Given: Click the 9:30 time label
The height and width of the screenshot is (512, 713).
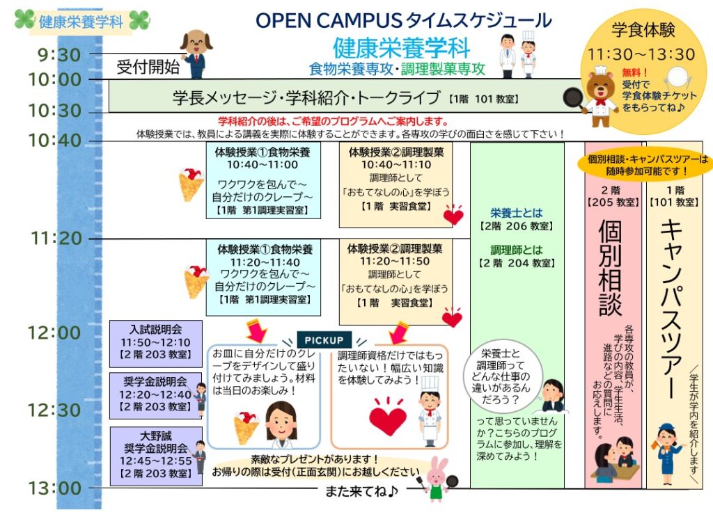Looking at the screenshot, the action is pos(59,55).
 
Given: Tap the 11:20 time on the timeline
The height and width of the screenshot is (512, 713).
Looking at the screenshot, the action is pos(56,238).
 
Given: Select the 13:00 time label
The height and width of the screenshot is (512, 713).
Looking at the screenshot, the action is pos(55,488).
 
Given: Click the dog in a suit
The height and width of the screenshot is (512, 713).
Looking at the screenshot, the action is pos(196,54).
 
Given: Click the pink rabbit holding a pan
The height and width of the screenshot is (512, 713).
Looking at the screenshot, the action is pos(437,479).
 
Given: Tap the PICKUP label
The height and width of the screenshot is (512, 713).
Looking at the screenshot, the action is pos(324,339).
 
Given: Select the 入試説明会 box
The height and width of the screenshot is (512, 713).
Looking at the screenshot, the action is pos(156,344).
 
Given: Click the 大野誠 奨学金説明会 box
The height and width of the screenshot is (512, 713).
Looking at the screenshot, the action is pos(156,456).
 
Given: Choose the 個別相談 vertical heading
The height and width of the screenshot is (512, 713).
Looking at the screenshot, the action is pos(610,267).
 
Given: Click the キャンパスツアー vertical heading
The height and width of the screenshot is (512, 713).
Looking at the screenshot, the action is pos(671,309).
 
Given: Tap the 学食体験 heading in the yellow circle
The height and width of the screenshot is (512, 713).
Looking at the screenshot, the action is pos(643,31).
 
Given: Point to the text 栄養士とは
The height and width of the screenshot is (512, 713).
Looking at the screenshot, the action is pos(517,213).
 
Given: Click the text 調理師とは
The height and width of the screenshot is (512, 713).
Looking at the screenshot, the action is pos(517,250).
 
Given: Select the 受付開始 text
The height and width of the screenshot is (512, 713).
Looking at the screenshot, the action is pos(148,67).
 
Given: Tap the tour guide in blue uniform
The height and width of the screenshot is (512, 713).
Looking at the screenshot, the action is pos(666,454).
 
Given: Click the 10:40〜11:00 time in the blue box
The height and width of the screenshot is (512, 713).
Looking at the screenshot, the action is pos(263,164).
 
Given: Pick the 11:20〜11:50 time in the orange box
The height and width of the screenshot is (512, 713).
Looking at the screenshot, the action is pos(395,262).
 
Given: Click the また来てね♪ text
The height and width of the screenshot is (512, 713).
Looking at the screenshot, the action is pos(361,491).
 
